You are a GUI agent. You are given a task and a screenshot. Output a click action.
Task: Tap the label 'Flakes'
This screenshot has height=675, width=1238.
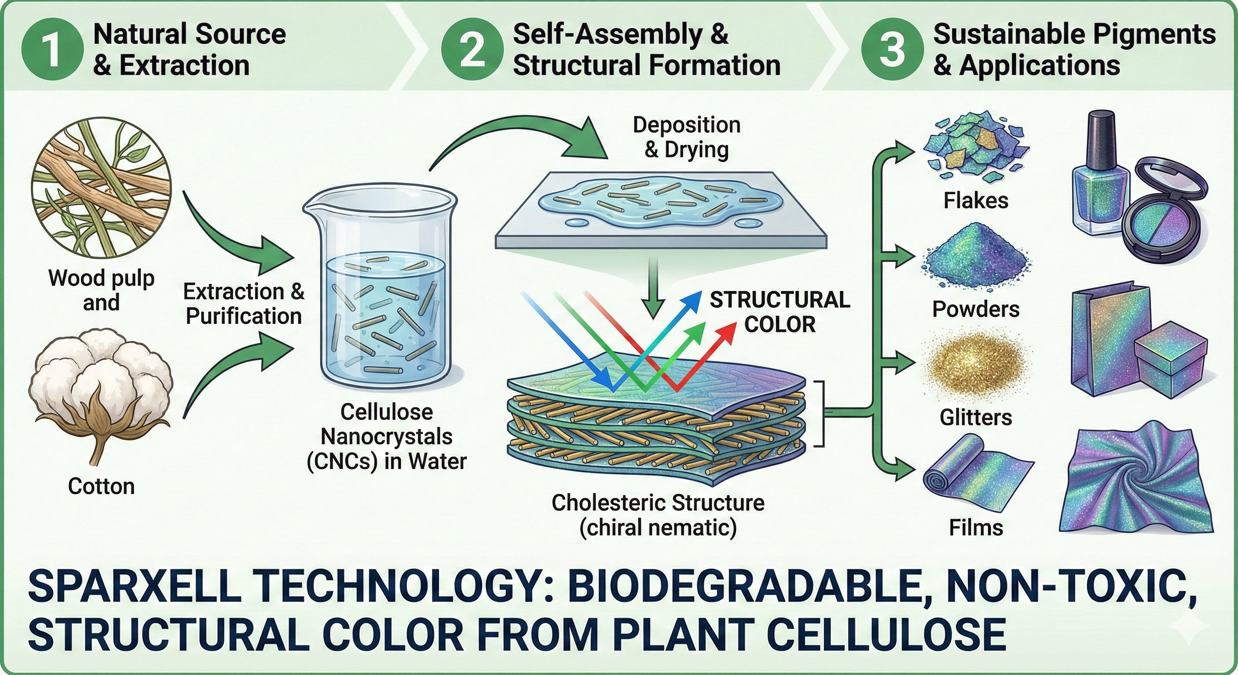click(x=976, y=201)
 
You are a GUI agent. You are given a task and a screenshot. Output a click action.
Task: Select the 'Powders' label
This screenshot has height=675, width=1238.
click(x=976, y=309)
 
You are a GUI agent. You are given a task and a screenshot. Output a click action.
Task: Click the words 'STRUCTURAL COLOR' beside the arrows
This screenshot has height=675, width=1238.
click(x=779, y=312)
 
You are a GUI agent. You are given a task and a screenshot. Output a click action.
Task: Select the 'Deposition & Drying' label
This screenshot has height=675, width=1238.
click(x=686, y=137)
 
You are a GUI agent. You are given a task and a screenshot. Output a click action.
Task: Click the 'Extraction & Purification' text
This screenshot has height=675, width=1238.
click(x=244, y=304)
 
